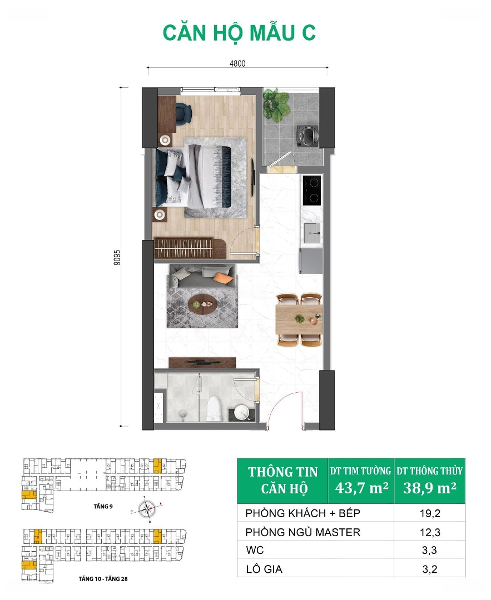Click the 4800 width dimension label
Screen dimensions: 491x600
pos(237,63)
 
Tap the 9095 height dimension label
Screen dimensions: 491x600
pos(117,258)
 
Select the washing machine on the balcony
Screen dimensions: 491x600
pos(308,136)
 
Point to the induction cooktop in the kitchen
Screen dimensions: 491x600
pos(312,191)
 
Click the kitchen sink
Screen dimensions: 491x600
pos(312,232)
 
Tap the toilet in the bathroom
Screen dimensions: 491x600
pos(214,408)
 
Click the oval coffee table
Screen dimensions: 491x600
pos(202,304)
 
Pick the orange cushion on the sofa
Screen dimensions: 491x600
pos(224,278)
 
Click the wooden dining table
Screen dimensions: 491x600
pos(299,319)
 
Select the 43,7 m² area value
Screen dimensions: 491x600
pos(362,488)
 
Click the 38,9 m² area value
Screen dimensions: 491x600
pos(430,488)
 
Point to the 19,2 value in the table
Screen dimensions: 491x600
pos(430,513)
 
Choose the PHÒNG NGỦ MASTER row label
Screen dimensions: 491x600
pos(303,532)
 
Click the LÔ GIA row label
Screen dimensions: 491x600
pos(264,569)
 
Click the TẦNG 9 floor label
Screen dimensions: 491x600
pos(103,506)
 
